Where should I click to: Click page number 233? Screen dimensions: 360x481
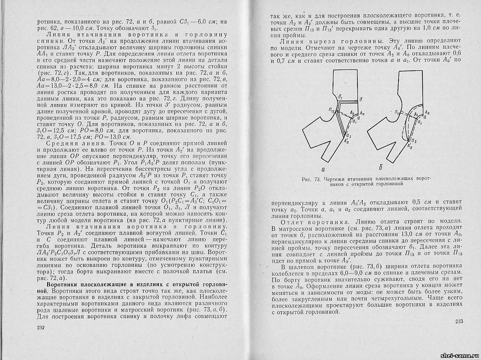(x=459, y=322)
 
